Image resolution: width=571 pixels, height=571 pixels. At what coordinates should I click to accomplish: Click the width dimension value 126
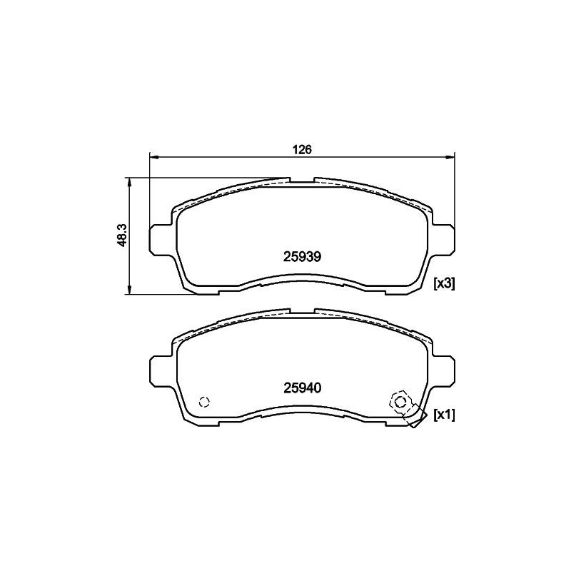pyautogui.click(x=303, y=150)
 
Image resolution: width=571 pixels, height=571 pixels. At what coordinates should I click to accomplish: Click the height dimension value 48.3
pyautogui.click(x=122, y=235)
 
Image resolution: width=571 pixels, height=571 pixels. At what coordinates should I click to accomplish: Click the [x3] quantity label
pyautogui.click(x=444, y=283)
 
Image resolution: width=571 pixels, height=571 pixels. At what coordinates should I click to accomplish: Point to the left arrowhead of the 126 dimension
pyautogui.click(x=153, y=157)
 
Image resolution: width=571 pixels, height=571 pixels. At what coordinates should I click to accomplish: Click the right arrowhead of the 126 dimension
pyautogui.click(x=450, y=157)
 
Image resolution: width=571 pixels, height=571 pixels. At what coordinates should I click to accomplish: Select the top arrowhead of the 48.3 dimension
pyautogui.click(x=129, y=181)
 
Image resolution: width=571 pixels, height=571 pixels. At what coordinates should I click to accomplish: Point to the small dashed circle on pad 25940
pyautogui.click(x=204, y=401)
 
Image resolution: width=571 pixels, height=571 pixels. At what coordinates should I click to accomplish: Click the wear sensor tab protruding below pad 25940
pyautogui.click(x=415, y=420)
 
